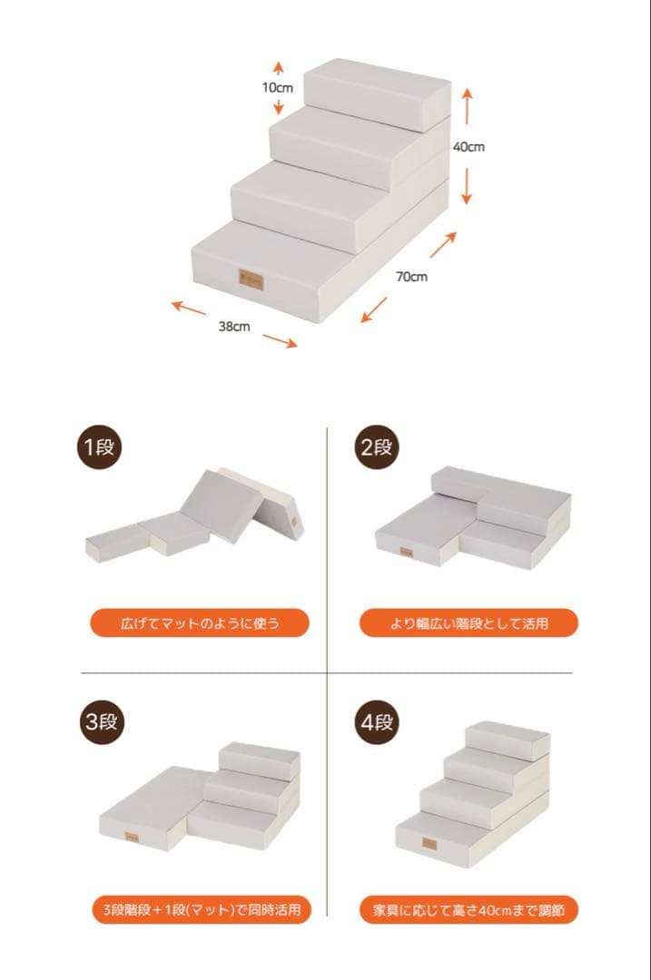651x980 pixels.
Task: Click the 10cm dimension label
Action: point(277,87)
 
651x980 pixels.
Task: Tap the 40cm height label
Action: point(469,147)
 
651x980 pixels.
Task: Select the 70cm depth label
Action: point(411,276)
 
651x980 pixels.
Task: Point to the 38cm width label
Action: point(234,327)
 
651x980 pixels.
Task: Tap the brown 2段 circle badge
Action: point(377,447)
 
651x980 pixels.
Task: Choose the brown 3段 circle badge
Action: point(102,722)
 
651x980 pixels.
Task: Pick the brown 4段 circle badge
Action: point(377,722)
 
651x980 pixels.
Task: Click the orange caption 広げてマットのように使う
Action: point(200,623)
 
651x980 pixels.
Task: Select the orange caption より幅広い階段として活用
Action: point(469,623)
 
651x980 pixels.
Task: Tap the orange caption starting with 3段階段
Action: point(202,909)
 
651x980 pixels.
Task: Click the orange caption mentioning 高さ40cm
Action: point(469,909)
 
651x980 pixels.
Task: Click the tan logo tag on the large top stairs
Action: point(251,279)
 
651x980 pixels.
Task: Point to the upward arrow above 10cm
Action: point(279,69)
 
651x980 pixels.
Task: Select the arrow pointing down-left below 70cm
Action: point(374,310)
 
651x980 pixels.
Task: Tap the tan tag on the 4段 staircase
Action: point(429,843)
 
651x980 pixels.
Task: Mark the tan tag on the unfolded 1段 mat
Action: point(294,520)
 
